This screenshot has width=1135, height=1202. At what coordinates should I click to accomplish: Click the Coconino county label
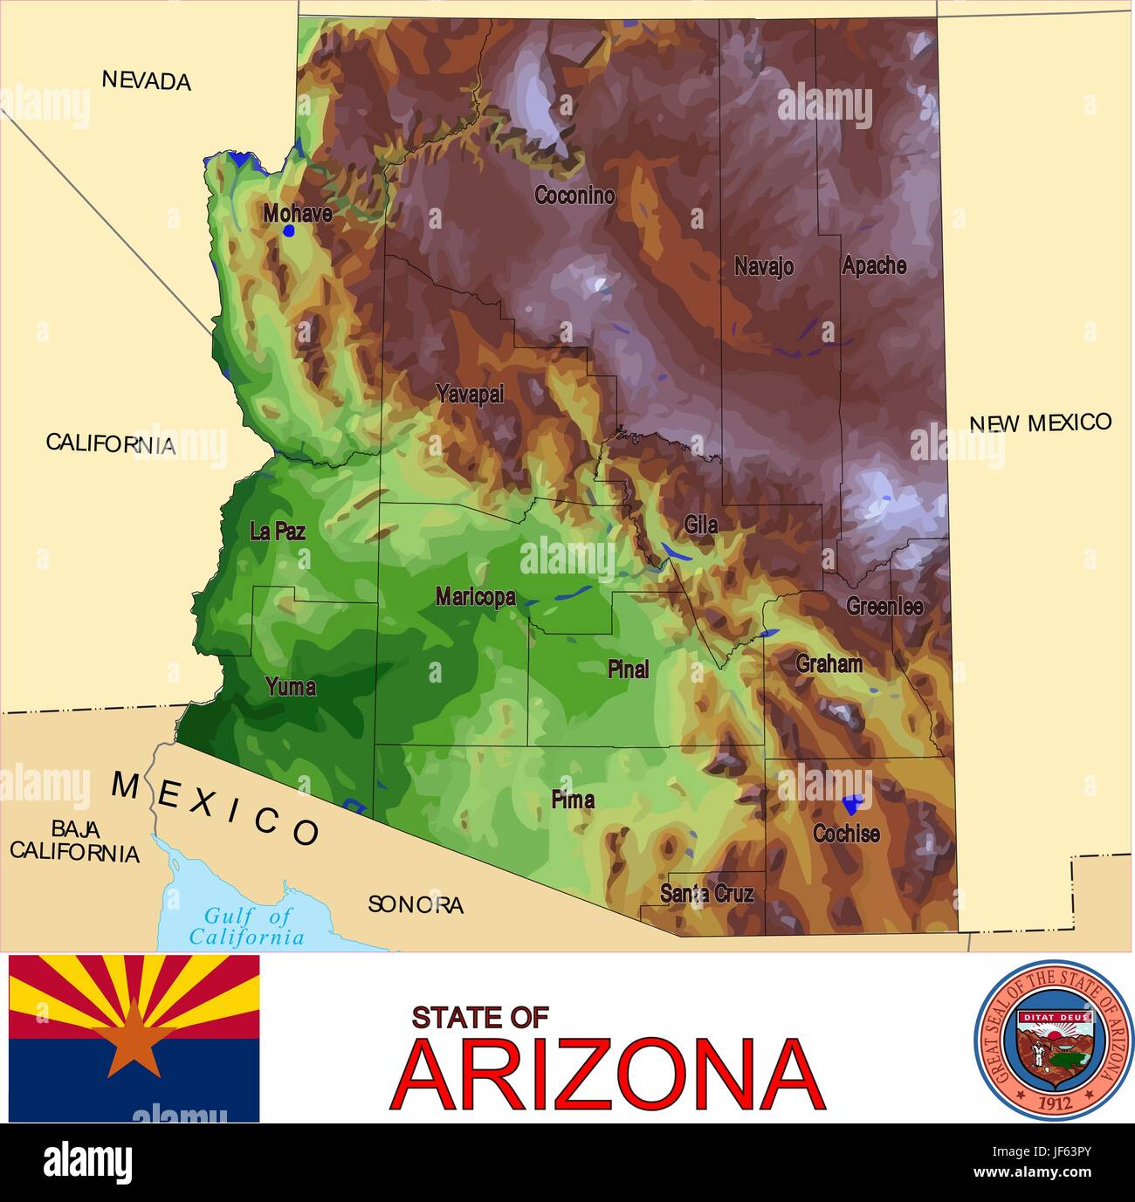(x=574, y=196)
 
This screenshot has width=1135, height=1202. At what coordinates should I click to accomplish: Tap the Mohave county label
(x=298, y=213)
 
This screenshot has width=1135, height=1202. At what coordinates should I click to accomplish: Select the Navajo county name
(x=764, y=266)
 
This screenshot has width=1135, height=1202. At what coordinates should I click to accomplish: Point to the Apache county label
(x=874, y=265)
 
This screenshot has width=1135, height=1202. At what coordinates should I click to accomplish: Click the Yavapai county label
(x=471, y=395)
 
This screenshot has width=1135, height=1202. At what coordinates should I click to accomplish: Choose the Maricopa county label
(x=475, y=597)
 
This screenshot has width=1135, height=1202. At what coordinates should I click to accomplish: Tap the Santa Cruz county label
(x=706, y=893)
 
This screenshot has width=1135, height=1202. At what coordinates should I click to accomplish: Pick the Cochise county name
(x=846, y=834)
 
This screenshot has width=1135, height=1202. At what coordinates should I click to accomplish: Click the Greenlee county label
(x=884, y=606)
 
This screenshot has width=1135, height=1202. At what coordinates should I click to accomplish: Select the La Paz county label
(x=278, y=531)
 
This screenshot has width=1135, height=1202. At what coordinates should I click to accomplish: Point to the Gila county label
(x=701, y=525)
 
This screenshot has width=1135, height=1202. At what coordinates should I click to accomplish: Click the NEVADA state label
(x=147, y=80)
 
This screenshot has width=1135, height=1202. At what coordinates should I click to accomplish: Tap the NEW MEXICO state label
(x=1041, y=423)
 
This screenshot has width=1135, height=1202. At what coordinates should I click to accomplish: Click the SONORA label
(x=416, y=904)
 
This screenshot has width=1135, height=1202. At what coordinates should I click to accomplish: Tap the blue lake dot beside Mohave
(x=289, y=231)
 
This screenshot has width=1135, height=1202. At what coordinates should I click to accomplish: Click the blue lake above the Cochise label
(x=852, y=803)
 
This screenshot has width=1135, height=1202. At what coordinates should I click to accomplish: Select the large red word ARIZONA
(x=609, y=1075)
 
